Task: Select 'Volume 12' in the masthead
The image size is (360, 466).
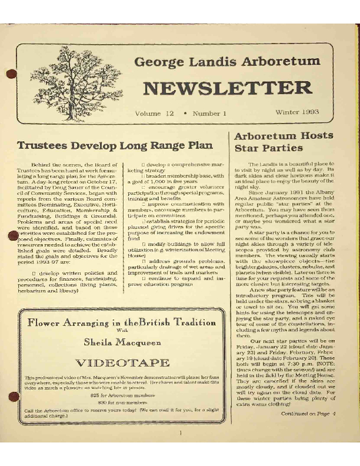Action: [x=154, y=112]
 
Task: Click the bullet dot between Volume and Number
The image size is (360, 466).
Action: [x=185, y=112]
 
